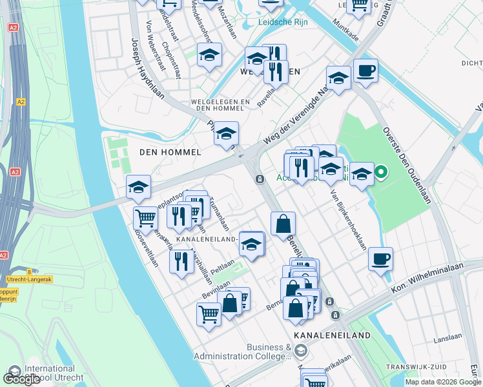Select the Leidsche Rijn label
click(x=282, y=22)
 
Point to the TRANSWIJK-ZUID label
click(x=416, y=367)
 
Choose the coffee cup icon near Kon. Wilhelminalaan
click(x=380, y=259)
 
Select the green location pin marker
click(x=381, y=172)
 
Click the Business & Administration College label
click(x=269, y=352)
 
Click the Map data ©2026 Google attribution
click(x=443, y=382)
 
